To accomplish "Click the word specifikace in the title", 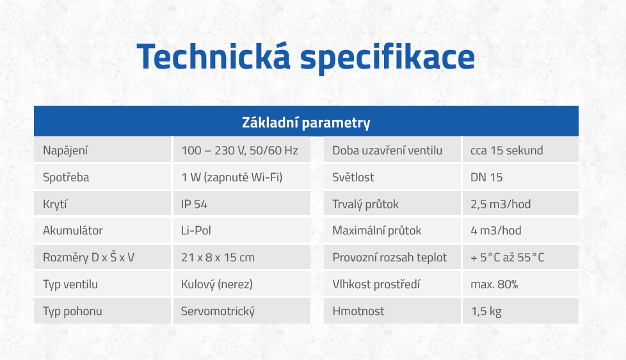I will tap(388, 58).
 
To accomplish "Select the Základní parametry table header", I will tap(306, 122).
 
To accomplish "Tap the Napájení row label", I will tap(65, 151).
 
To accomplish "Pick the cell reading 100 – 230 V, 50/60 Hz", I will tap(239, 151).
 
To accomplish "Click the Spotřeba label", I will tap(66, 177).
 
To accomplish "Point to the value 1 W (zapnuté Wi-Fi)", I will tap(232, 177).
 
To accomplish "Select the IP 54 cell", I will tap(195, 204).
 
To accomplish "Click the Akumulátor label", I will tap(73, 231).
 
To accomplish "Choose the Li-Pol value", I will tap(196, 231).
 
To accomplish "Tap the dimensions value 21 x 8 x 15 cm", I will tap(218, 258).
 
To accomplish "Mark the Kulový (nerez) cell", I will tap(217, 284).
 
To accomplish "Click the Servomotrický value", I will tap(218, 311).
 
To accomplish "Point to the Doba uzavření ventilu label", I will tap(387, 151).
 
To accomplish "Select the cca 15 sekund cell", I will tap(506, 151).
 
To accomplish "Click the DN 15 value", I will tap(486, 177).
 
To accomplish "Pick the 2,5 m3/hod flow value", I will tap(501, 204).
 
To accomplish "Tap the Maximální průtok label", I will tap(377, 231).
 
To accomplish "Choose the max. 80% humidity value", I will tap(494, 284).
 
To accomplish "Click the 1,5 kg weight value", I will tap(486, 311).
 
